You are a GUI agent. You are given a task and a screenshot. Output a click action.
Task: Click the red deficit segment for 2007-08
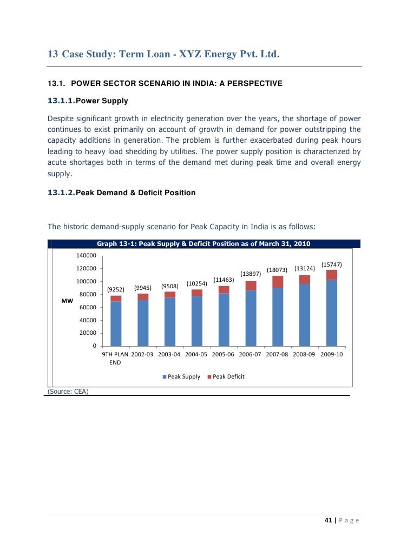pos(278,282)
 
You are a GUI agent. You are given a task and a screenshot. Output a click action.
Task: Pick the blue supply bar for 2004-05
pos(197,321)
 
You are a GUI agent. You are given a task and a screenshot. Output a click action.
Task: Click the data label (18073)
pos(277,270)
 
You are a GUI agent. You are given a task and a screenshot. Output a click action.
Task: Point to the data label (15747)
pos(331,264)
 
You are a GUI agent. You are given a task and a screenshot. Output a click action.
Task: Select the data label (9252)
pos(116,289)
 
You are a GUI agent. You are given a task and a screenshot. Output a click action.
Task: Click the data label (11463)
pos(224,280)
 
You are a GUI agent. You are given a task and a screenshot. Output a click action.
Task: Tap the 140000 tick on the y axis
pos(87,255)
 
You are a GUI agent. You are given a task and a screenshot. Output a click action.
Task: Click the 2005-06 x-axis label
pos(224,354)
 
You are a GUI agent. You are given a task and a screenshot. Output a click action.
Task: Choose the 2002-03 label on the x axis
pos(143,354)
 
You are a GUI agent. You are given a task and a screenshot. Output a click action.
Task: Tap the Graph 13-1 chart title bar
pos(203,244)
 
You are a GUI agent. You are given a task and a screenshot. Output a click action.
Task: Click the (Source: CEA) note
pos(68,391)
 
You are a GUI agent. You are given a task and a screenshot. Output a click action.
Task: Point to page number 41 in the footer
pos(327,521)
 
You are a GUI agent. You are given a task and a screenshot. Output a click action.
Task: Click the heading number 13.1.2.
pos(61,193)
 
